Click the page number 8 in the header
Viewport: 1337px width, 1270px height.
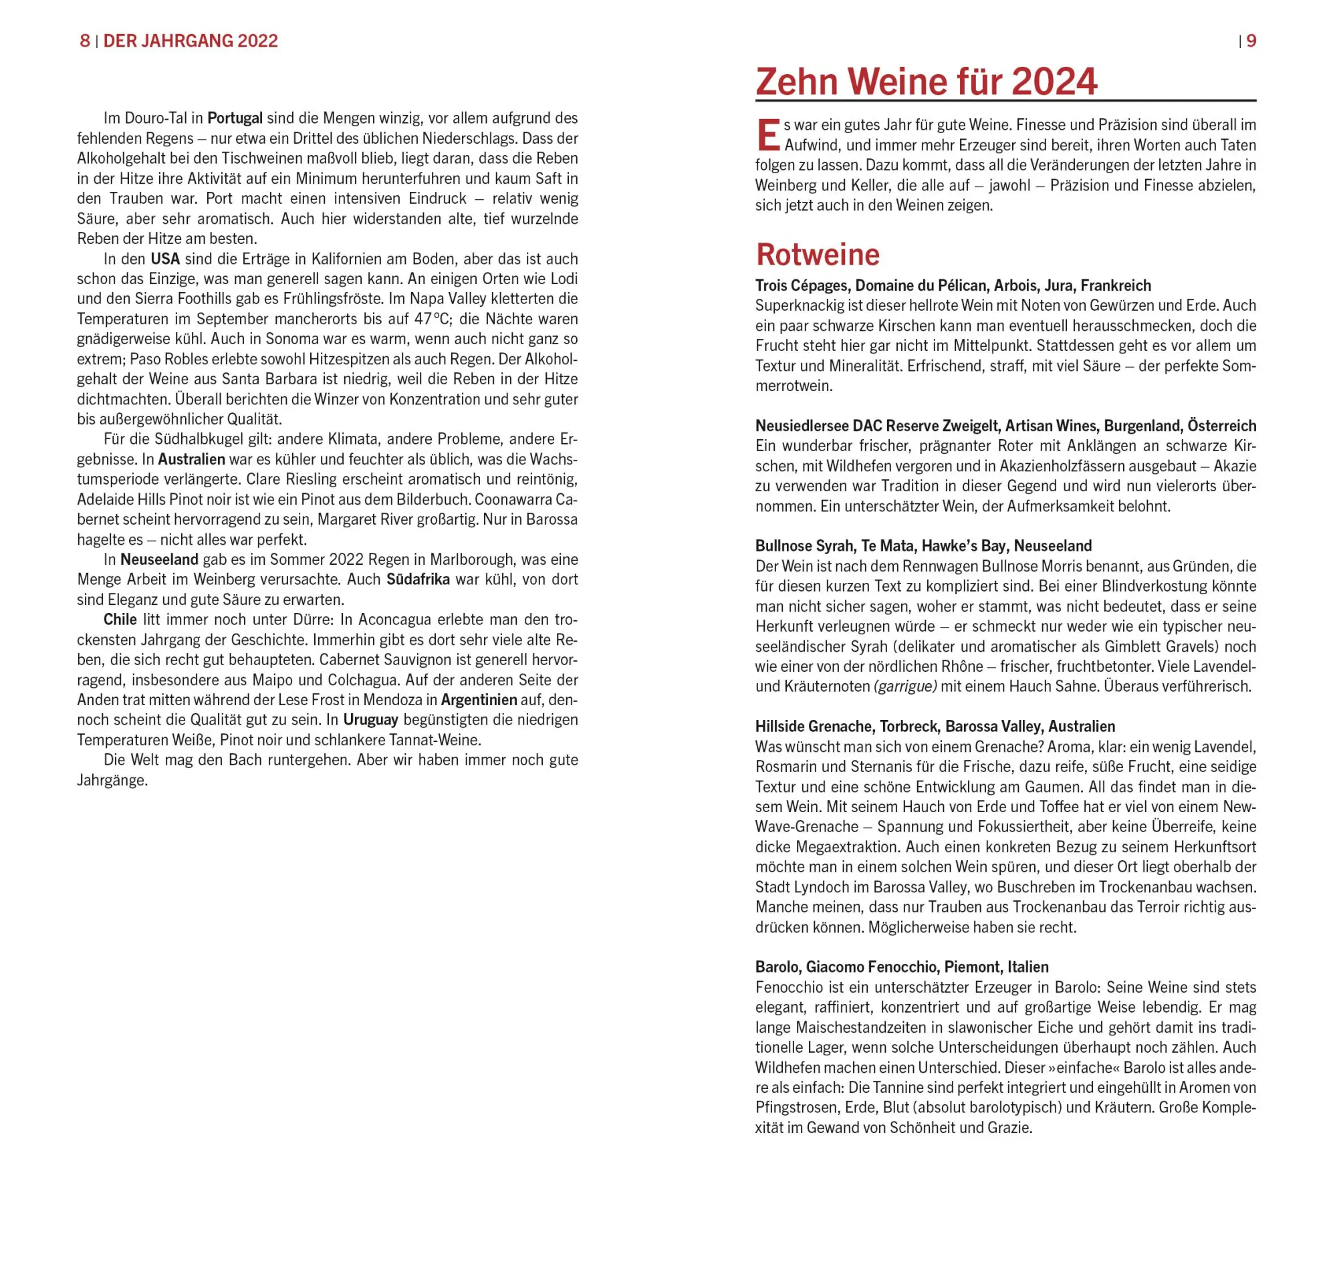85,41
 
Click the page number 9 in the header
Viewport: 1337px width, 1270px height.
1251,41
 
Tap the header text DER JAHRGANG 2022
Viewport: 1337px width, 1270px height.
191,41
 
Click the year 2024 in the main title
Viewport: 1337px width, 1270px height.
1054,82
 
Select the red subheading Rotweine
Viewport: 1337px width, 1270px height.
817,254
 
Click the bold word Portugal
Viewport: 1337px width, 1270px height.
234,118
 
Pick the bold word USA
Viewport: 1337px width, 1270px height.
165,259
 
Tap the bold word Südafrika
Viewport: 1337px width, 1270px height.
418,580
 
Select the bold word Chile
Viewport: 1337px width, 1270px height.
120,620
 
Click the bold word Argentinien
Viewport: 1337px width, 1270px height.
479,699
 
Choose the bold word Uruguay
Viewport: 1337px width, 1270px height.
370,720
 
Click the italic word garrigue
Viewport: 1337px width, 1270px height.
905,686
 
